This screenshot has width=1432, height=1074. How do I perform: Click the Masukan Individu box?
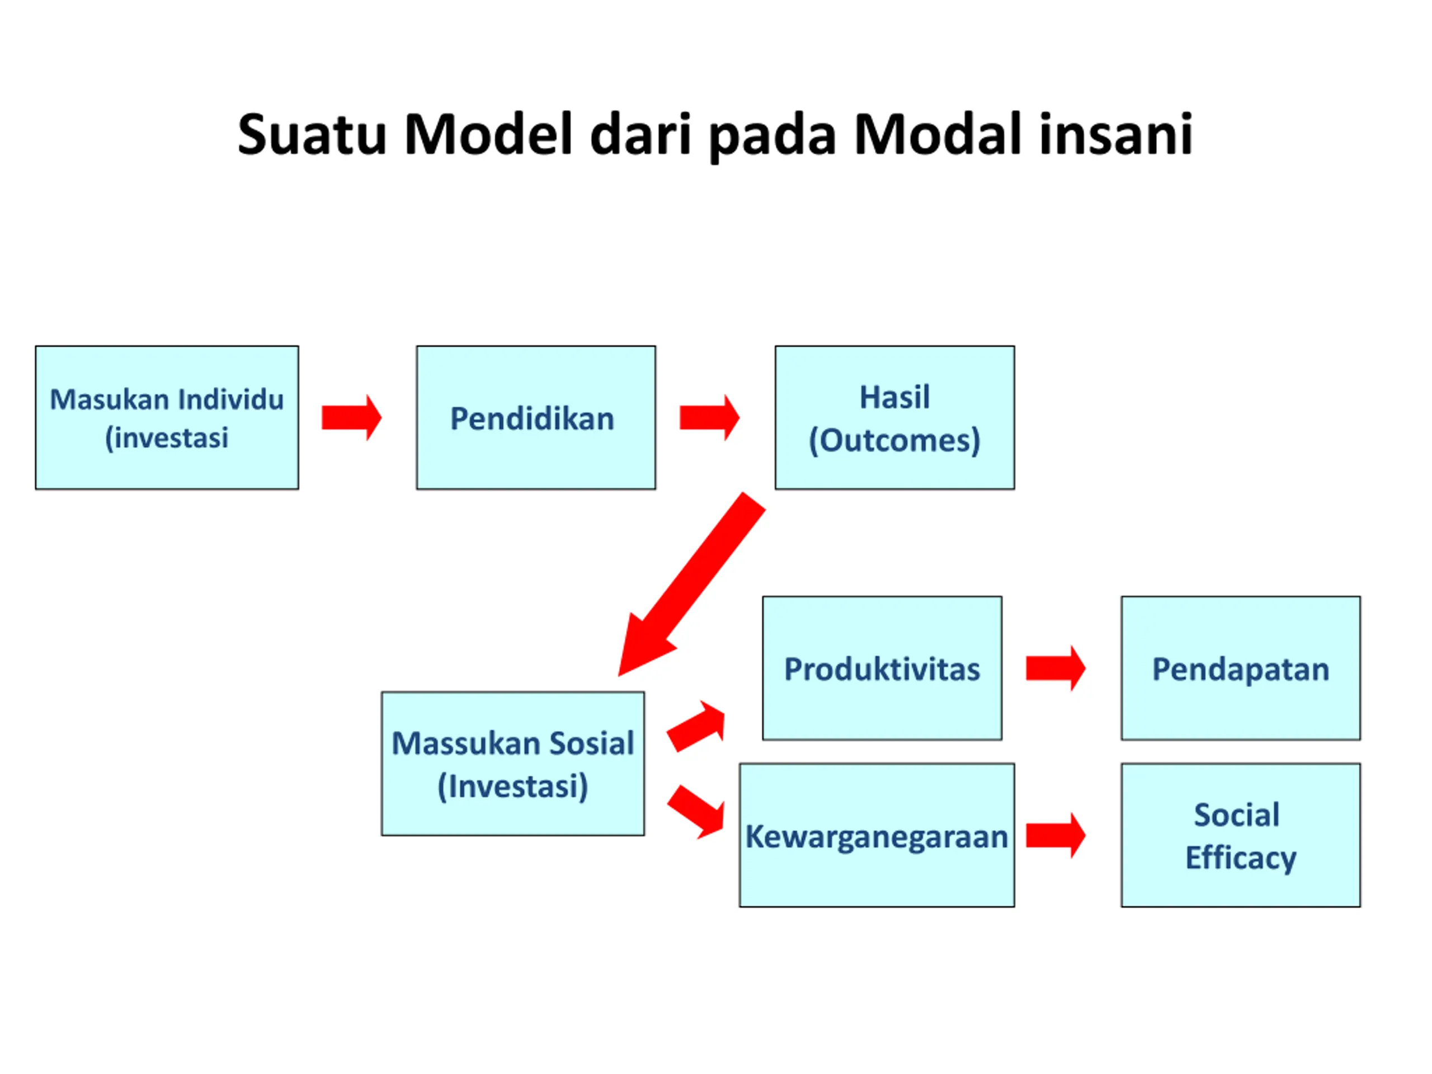coord(167,417)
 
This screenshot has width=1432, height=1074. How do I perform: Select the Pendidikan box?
coord(535,417)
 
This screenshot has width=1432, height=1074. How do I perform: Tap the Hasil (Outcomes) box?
coord(894,417)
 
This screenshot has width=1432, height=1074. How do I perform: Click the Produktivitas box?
coord(882,668)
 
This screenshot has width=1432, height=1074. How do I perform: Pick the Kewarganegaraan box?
coord(877,835)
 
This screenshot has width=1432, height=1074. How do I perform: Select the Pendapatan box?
coord(1240,668)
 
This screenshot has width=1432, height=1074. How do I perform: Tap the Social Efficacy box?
coord(1240,835)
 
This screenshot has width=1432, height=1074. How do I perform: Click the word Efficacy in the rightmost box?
coord(1240,858)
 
